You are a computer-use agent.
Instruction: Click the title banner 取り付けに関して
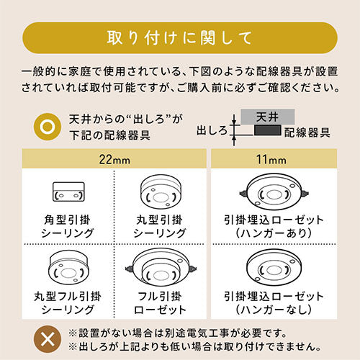pyautogui.click(x=180, y=37)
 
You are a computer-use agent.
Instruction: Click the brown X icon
pyautogui.click(x=48, y=339)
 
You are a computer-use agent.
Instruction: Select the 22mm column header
pyautogui.click(x=114, y=158)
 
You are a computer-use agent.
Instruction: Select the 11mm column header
pyautogui.click(x=274, y=158)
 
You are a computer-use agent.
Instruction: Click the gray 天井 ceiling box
pyautogui.click(x=268, y=117)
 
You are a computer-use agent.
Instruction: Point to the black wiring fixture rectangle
pyautogui.click(x=268, y=130)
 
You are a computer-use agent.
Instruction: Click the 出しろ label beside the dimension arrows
pyautogui.click(x=212, y=131)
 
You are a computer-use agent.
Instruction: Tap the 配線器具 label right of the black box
pyautogui.click(x=307, y=132)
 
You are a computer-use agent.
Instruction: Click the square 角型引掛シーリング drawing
pyautogui.click(x=68, y=192)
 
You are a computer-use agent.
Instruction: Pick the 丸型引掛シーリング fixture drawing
pyautogui.click(x=161, y=192)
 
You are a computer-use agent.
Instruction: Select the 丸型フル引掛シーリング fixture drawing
pyautogui.click(x=68, y=267)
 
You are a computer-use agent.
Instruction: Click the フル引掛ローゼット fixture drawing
pyautogui.click(x=161, y=268)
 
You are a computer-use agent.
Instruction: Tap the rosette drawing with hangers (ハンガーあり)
pyautogui.click(x=274, y=192)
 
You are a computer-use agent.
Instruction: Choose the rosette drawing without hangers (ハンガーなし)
pyautogui.click(x=274, y=267)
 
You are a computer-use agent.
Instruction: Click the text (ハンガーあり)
pyautogui.click(x=274, y=233)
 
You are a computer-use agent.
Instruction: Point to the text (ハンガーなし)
pyautogui.click(x=274, y=309)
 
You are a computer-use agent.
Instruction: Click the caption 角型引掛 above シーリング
pyautogui.click(x=67, y=220)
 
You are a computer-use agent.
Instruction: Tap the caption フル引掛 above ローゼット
pyautogui.click(x=160, y=296)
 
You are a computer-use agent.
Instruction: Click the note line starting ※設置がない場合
pyautogui.click(x=178, y=333)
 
